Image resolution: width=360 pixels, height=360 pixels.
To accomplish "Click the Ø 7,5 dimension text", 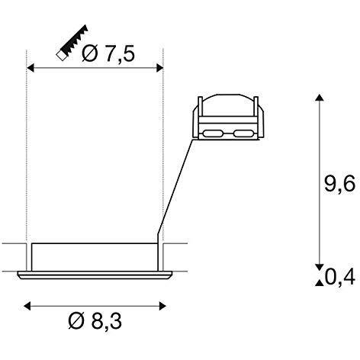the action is [x=108, y=53].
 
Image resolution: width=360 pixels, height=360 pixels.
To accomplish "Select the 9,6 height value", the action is [x=339, y=184].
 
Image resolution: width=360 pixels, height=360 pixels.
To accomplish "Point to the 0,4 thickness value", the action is [x=339, y=277].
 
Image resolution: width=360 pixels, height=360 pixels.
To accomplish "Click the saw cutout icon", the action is [x=72, y=43].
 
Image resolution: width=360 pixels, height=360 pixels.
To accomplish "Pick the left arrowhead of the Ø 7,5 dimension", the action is [x=31, y=68].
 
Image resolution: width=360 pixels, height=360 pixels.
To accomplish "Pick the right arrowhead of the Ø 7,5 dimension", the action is [x=159, y=68].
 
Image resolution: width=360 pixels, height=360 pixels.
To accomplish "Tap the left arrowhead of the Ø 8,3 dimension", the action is [x=27, y=306].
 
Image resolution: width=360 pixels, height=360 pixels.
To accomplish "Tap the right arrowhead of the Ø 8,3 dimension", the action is [x=162, y=306].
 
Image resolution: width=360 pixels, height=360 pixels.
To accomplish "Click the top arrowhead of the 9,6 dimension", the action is [x=320, y=98].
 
